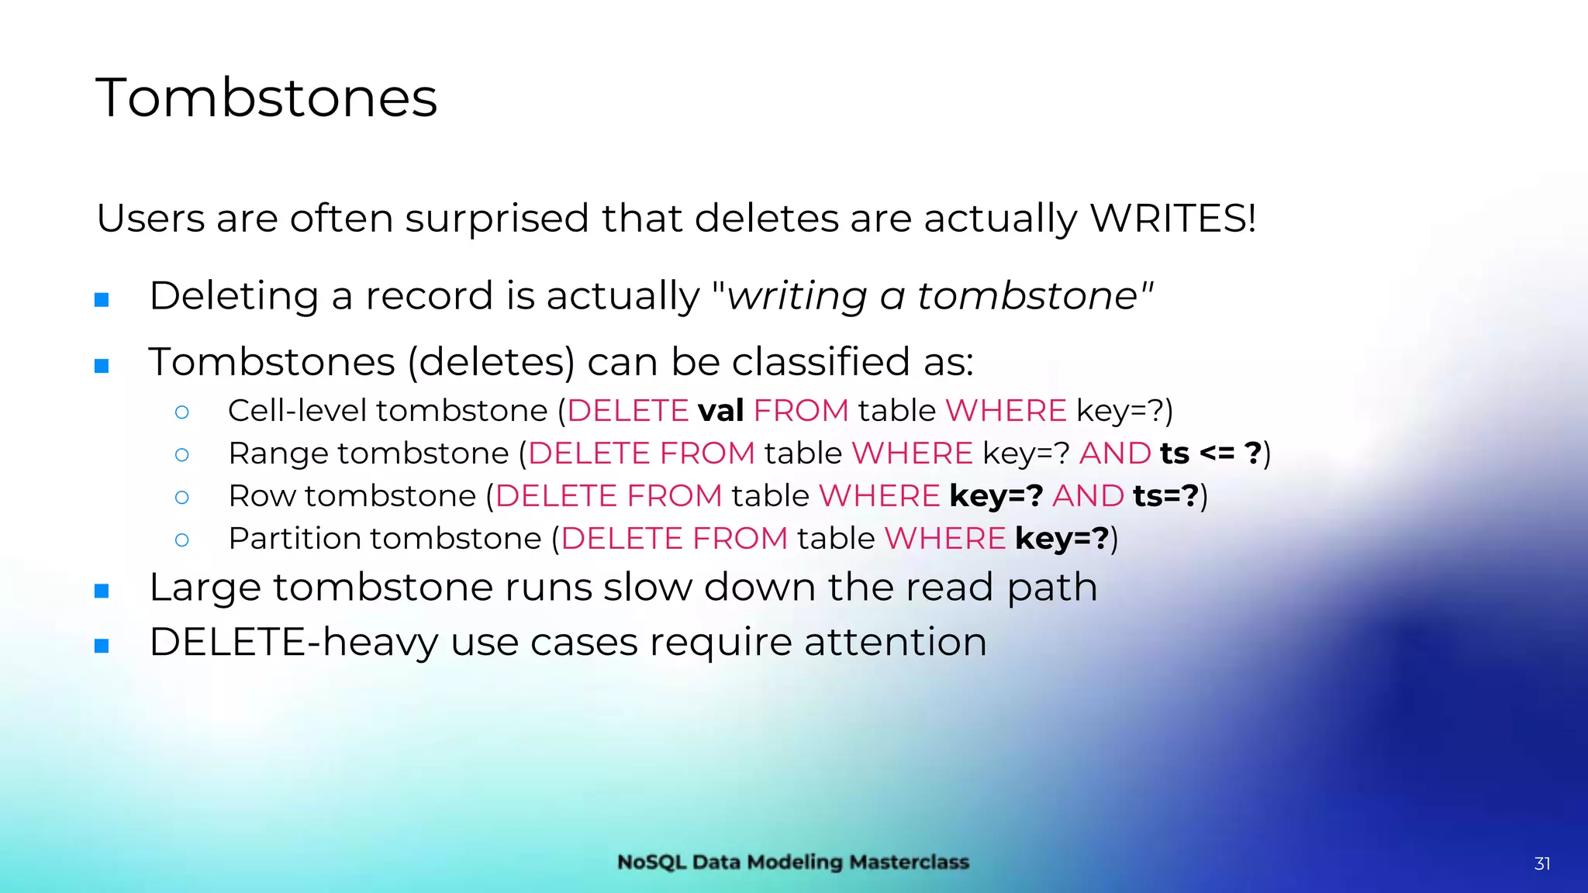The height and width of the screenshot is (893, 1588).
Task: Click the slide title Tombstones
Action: tap(266, 98)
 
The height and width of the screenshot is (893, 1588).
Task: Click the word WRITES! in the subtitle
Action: tap(1172, 218)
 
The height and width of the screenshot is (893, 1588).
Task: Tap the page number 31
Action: tap(1541, 864)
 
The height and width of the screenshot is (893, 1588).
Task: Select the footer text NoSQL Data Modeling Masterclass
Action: tap(792, 862)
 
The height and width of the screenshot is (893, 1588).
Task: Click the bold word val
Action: tap(720, 411)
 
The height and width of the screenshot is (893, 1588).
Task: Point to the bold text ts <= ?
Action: tap(1210, 453)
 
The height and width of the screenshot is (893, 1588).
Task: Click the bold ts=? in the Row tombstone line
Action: tap(1165, 496)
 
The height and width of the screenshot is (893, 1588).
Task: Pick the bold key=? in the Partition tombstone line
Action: tap(1062, 539)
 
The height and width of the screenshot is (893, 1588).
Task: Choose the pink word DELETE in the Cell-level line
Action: tap(627, 411)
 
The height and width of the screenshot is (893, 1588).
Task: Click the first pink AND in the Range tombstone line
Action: tap(1114, 453)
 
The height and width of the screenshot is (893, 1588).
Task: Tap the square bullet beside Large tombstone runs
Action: tap(102, 591)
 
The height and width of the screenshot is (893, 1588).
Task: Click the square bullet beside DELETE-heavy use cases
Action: tap(102, 646)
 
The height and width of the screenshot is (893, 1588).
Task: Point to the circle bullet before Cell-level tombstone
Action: tap(182, 412)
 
